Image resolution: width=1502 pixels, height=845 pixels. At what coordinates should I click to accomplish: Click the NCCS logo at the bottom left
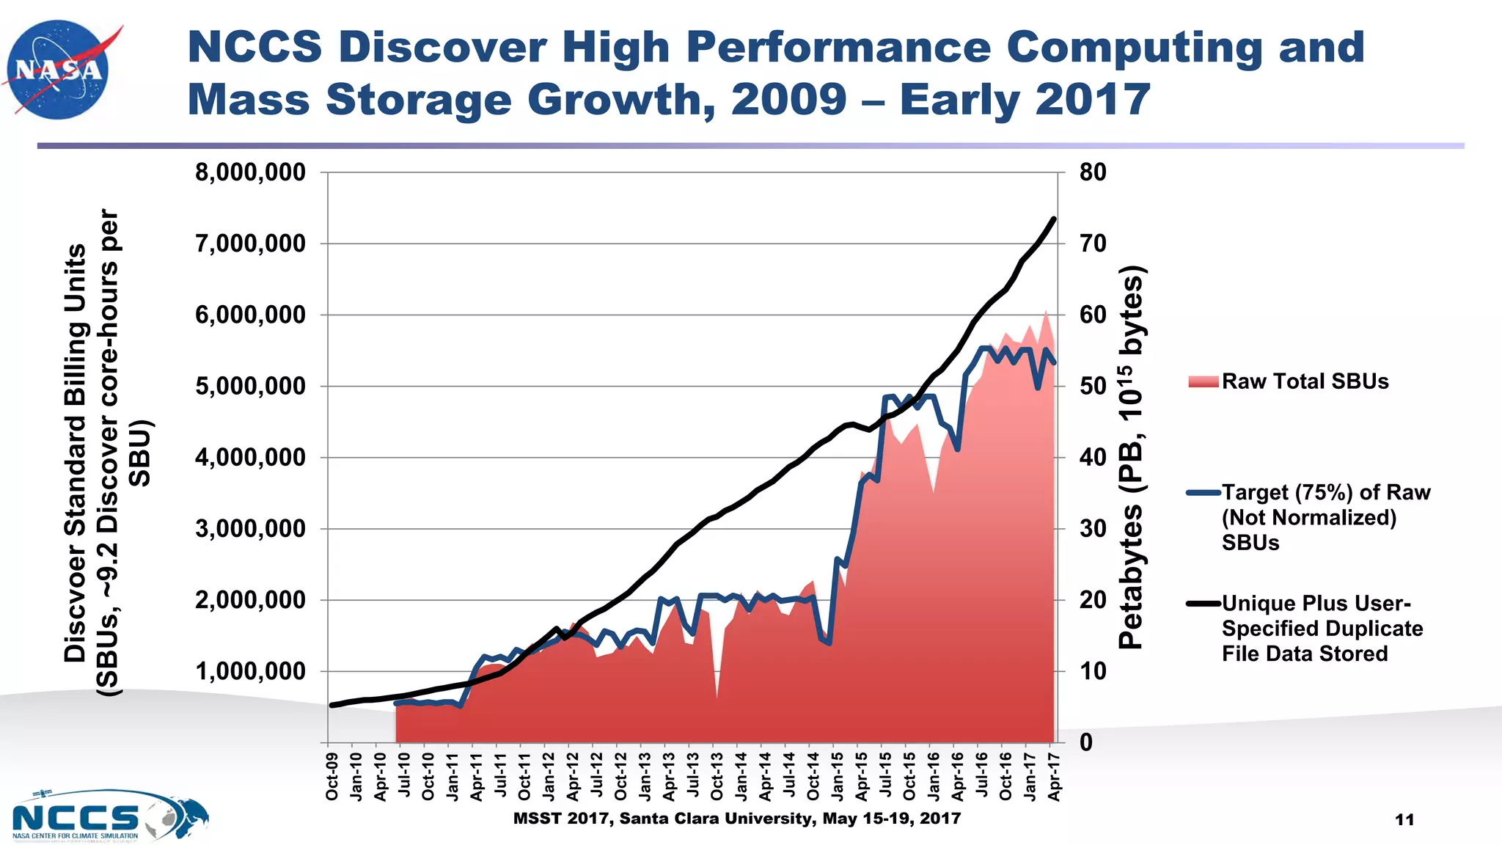click(x=110, y=816)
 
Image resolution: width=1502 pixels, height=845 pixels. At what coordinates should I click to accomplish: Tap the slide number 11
click(x=1404, y=820)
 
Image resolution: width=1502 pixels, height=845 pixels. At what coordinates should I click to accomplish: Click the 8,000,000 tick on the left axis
click(x=250, y=173)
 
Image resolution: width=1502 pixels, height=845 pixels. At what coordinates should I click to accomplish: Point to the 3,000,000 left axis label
click(x=250, y=529)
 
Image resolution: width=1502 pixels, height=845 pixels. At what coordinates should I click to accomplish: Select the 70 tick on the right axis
click(x=1093, y=244)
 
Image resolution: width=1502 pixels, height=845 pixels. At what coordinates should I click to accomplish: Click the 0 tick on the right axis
click(x=1086, y=742)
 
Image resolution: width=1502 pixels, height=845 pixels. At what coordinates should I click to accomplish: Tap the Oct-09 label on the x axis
click(x=331, y=776)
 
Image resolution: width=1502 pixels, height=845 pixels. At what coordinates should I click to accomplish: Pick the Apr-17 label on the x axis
click(x=1054, y=776)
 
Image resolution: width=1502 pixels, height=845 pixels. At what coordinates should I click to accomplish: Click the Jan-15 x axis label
click(x=837, y=776)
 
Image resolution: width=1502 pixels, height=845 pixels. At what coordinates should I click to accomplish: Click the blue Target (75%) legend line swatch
click(x=1204, y=493)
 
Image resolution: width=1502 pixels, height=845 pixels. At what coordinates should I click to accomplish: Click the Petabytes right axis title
click(x=1132, y=457)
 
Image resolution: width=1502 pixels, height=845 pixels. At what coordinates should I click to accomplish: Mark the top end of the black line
click(x=1054, y=219)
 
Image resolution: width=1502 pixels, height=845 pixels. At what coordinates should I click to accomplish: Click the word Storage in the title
click(x=418, y=100)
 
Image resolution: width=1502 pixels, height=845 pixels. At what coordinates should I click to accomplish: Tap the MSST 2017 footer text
click(x=736, y=819)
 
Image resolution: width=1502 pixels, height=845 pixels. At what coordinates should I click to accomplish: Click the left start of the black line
click(x=331, y=706)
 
